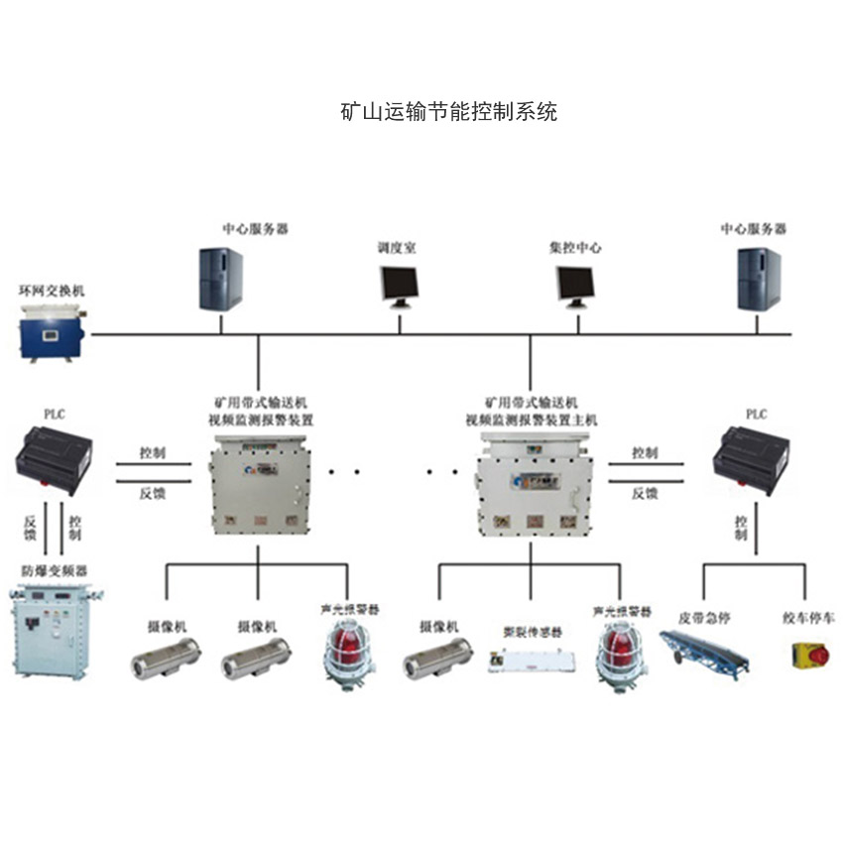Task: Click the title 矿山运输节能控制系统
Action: point(448,111)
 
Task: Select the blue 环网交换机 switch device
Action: point(54,331)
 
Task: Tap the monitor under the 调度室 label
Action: point(399,286)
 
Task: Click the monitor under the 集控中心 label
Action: point(576,286)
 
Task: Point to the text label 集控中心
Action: point(575,247)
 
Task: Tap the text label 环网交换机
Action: point(53,291)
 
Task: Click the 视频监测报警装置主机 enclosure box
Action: point(531,485)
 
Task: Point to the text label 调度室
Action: point(397,247)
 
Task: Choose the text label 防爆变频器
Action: point(55,572)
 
